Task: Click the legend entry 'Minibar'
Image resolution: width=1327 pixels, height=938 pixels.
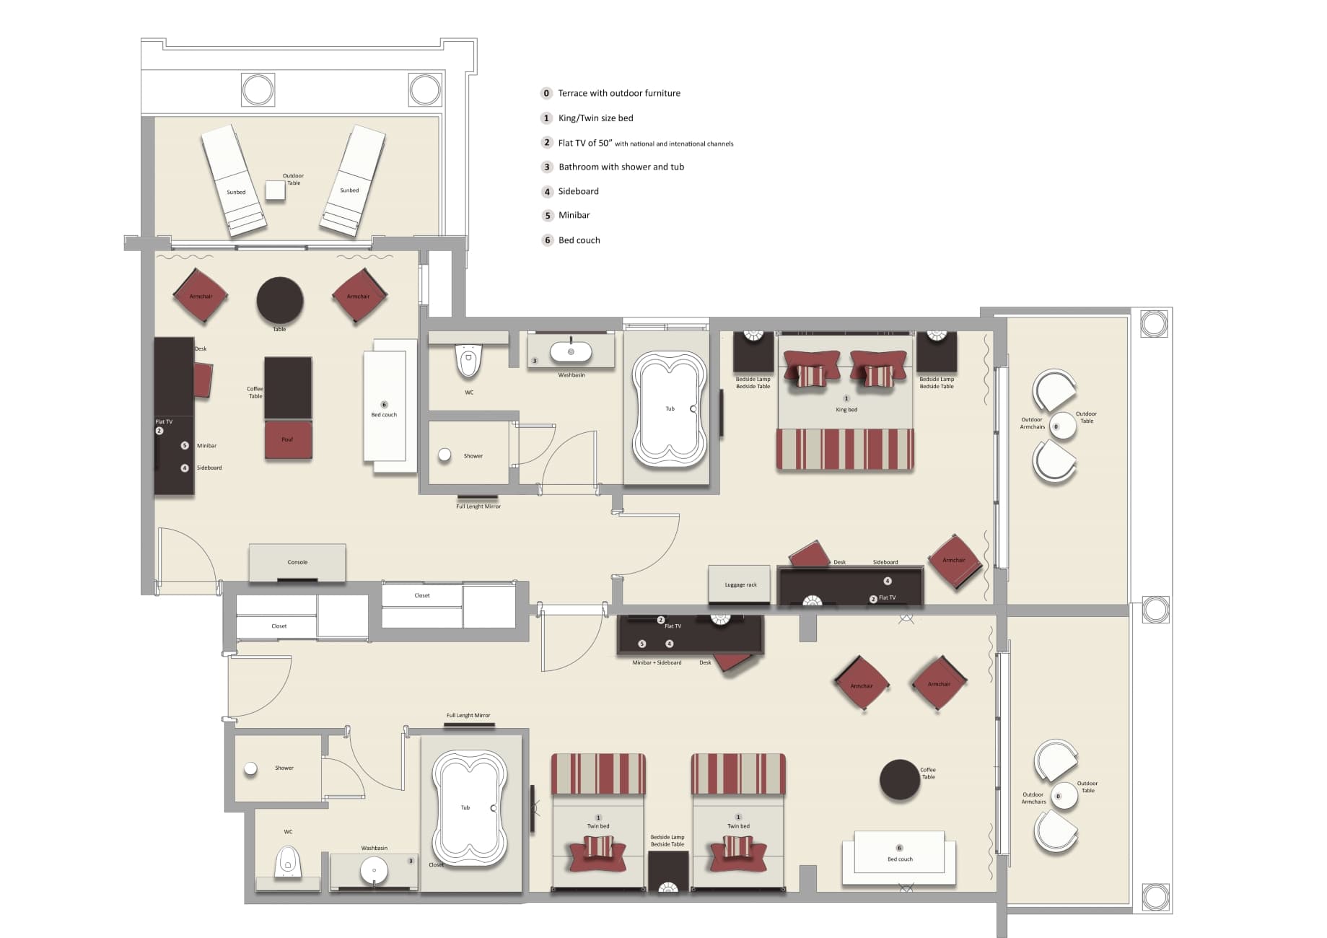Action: [x=574, y=215]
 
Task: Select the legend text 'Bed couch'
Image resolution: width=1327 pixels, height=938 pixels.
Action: [x=579, y=240]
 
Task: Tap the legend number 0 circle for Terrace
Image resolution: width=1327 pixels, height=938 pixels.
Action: [x=546, y=93]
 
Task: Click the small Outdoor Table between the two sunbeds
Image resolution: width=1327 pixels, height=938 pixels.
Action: [x=275, y=190]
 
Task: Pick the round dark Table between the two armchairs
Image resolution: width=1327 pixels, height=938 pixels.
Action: [x=280, y=300]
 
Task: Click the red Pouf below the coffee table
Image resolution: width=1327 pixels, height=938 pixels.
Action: [x=288, y=440]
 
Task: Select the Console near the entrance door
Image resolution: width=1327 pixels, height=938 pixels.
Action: [x=297, y=562]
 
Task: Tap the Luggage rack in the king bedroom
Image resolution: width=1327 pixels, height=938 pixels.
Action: [x=740, y=584]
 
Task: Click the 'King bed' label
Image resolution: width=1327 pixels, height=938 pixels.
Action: [x=846, y=409]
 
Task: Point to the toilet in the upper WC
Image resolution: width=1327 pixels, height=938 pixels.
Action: [x=469, y=361]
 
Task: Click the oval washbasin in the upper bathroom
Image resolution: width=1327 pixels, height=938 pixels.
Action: [x=571, y=352]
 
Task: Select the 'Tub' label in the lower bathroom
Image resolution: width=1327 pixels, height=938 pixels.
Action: [x=465, y=807]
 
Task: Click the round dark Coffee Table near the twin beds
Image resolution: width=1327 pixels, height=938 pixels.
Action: [x=899, y=780]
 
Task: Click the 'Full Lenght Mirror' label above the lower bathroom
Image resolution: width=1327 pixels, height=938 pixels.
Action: [x=468, y=716]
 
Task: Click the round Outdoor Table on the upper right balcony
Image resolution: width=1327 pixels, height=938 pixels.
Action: [x=1063, y=426]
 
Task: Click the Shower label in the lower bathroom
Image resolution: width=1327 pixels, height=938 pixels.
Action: [x=284, y=768]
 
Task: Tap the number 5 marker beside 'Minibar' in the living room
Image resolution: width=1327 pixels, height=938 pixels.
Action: [x=185, y=446]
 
